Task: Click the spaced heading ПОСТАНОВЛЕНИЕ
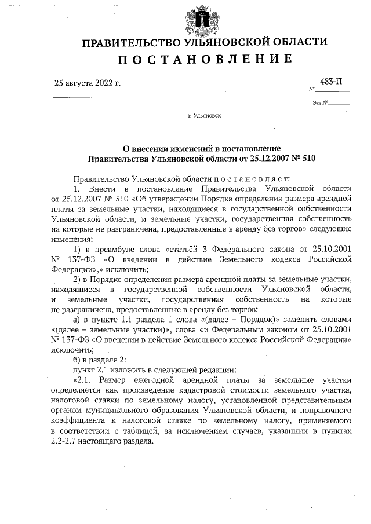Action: click(205, 60)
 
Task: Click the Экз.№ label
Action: click(320, 104)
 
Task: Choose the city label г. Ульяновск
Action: click(204, 116)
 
